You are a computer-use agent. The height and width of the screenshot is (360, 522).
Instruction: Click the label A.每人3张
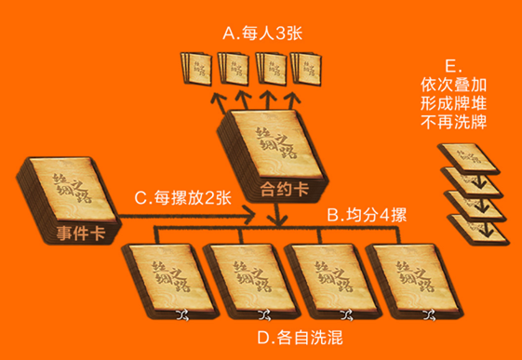click(x=264, y=33)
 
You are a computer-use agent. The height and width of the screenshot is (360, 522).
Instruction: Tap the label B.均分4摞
click(x=366, y=214)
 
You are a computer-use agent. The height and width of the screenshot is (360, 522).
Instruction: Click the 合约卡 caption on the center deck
click(x=277, y=193)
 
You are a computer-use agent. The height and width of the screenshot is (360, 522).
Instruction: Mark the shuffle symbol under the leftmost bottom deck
click(x=182, y=313)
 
